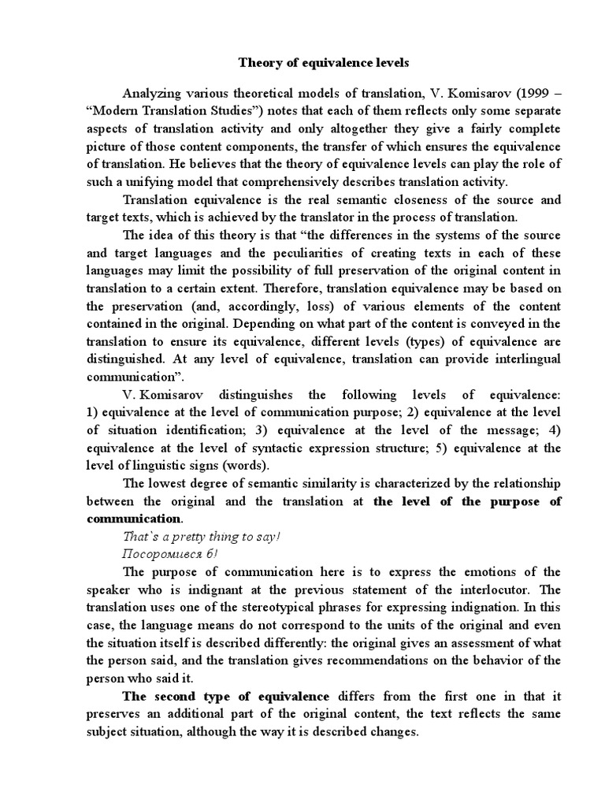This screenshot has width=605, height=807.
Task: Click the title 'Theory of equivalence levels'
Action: [324, 63]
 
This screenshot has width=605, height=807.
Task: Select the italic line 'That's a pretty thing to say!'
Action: [197, 537]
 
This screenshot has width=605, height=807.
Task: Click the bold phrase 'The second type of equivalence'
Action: [226, 696]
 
